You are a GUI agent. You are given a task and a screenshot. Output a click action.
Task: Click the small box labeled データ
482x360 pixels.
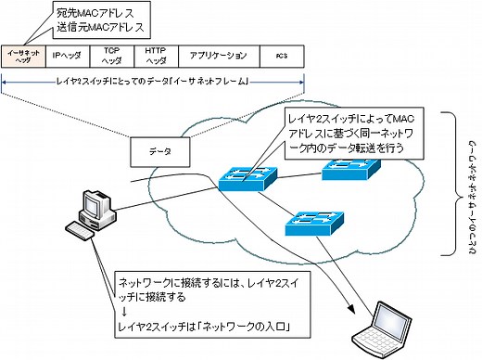(155, 149)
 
